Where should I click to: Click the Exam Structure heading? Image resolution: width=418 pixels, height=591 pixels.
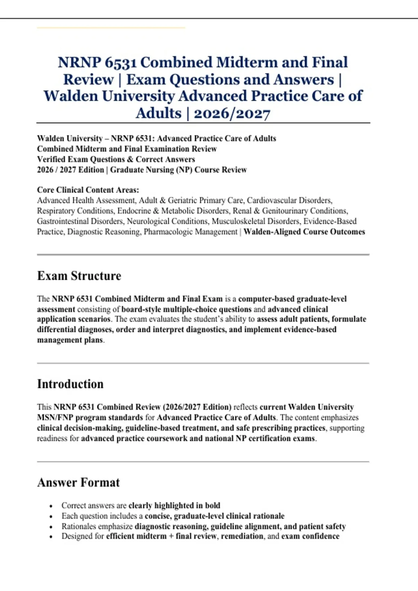tap(79, 276)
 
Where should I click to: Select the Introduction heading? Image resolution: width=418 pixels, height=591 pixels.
tap(70, 384)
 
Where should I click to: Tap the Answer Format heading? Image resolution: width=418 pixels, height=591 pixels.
tap(78, 483)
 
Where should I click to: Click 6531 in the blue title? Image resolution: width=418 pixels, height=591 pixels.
tap(121, 63)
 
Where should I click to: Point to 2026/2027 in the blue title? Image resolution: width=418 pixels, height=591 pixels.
tap(232, 113)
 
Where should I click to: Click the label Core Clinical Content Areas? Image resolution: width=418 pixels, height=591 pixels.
tap(88, 190)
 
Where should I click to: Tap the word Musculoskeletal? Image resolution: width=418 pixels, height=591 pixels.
tap(238, 221)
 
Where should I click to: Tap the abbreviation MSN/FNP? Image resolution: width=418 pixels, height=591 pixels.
tap(55, 418)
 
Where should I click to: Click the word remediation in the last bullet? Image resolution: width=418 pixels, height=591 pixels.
tap(242, 536)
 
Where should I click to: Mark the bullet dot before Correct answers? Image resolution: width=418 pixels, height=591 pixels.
tap(51, 506)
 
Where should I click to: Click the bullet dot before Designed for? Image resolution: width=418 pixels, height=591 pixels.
tap(51, 537)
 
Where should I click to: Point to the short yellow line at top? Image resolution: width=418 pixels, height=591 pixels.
tap(111, 27)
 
